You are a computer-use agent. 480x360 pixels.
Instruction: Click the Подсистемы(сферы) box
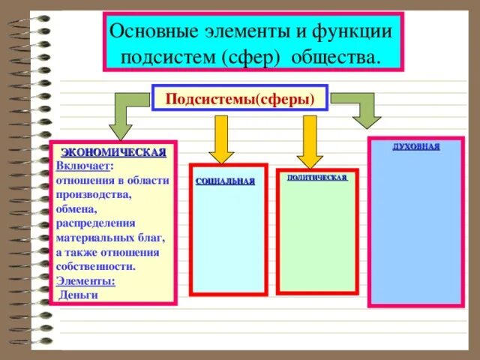239,98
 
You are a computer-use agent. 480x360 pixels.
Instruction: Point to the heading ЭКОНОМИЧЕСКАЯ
113,153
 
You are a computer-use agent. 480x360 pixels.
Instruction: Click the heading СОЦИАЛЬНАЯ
225,181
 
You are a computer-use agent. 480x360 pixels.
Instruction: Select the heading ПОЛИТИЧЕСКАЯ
316,178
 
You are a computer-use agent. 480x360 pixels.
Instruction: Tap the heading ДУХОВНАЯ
416,146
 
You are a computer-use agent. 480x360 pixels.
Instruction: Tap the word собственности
95,266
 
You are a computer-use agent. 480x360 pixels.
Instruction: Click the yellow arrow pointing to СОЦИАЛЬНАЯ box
220,139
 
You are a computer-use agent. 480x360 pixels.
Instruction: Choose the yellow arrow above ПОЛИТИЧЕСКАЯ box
308,141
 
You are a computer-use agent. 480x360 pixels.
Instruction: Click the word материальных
91,238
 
